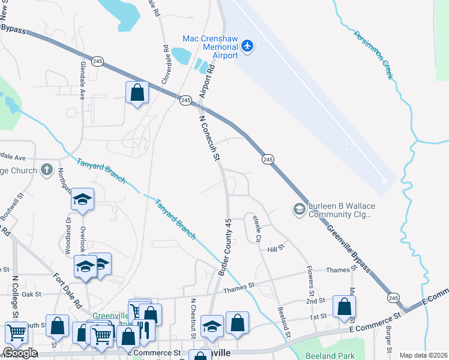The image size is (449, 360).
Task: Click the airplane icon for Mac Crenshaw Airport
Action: tap(247, 46)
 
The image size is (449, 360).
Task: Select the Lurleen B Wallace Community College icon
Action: tap(298, 209)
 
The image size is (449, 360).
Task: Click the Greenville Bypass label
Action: tap(348, 249)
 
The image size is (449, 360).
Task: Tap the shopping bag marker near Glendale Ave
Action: tap(137, 93)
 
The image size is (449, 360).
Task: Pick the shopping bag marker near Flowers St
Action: tap(344, 306)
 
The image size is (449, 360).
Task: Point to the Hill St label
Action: tap(276, 248)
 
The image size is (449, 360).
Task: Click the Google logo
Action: tap(19, 353)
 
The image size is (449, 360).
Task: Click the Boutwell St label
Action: tap(11, 205)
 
